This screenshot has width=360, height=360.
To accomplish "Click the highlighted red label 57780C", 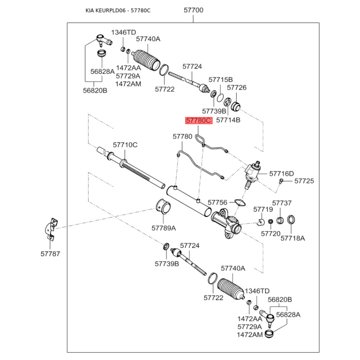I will (x=198, y=121).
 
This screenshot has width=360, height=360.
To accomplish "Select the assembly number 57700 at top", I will (x=193, y=10).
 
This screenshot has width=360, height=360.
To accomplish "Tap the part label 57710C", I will (x=125, y=144).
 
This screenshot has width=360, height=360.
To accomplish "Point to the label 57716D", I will (x=281, y=173).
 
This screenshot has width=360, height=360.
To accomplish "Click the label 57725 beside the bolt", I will (x=304, y=181).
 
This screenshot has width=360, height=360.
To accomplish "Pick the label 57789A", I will (x=163, y=228).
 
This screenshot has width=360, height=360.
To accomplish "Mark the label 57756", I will (x=218, y=202).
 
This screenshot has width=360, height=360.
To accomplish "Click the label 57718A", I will (x=292, y=238).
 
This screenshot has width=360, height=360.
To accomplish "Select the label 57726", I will (x=236, y=88).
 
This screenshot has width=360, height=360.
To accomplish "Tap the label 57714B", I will (x=228, y=120).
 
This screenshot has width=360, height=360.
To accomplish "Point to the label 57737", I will (x=282, y=203).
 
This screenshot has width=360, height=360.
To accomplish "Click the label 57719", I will (x=263, y=209).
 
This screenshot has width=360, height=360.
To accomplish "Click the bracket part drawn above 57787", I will (x=52, y=228).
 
